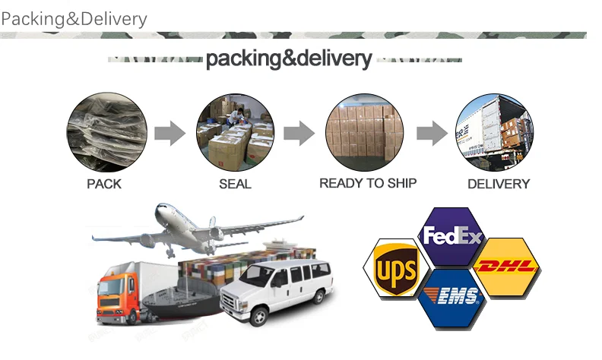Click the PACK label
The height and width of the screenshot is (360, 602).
(104, 184)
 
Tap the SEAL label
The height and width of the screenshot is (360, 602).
(235, 184)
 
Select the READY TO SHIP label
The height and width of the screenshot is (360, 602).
(368, 183)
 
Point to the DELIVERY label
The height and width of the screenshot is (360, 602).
(499, 184)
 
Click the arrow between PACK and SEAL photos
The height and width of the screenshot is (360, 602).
(170, 134)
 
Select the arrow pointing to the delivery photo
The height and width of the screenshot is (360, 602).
(431, 134)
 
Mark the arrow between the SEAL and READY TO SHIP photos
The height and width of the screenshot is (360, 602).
(299, 134)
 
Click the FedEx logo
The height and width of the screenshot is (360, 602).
(452, 237)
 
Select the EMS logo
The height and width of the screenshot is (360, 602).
(453, 297)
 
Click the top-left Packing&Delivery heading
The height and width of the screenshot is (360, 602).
(74, 18)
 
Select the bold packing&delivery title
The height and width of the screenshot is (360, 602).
(289, 58)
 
